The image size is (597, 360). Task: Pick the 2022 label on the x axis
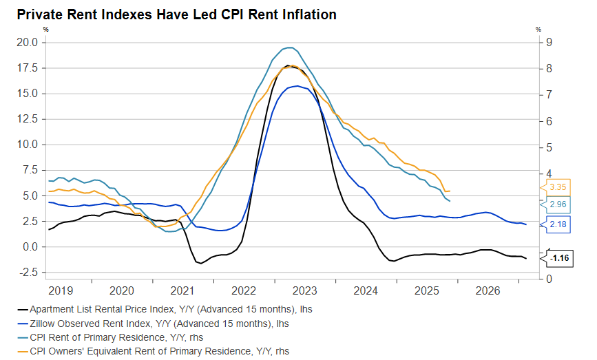(244, 290)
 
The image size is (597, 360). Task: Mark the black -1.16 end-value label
(560, 258)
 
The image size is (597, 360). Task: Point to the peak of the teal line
(290, 47)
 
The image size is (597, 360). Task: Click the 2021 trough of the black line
(200, 263)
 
